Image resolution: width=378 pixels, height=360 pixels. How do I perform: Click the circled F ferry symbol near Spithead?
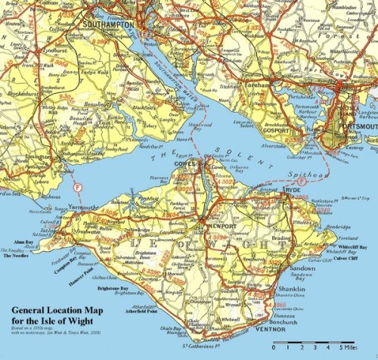click(302, 182)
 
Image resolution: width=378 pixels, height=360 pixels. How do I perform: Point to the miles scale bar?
click(312, 345)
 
